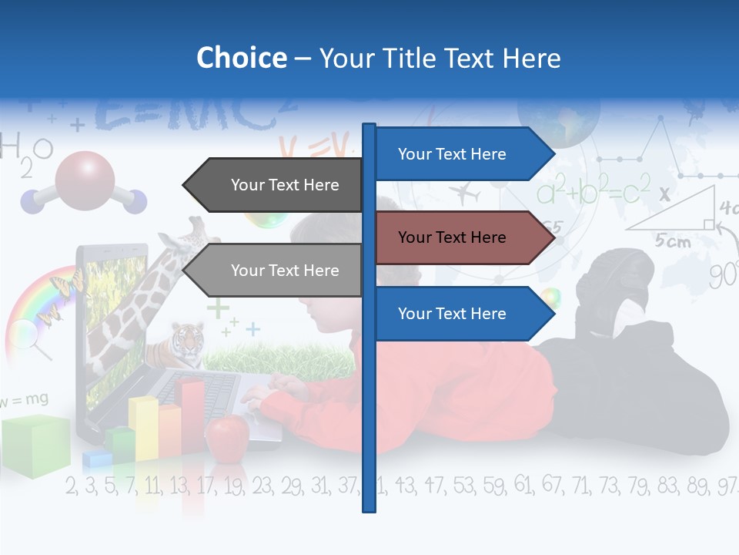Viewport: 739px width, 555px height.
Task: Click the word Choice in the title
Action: [x=241, y=58]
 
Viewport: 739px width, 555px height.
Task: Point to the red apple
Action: [x=227, y=436]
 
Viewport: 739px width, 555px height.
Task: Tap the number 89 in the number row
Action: [x=697, y=486]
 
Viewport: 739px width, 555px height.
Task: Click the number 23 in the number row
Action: [x=262, y=486]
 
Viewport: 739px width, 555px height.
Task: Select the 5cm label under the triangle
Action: [x=673, y=241]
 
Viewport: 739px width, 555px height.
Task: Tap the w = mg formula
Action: [x=25, y=399]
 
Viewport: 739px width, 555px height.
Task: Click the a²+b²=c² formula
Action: [x=593, y=191]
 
